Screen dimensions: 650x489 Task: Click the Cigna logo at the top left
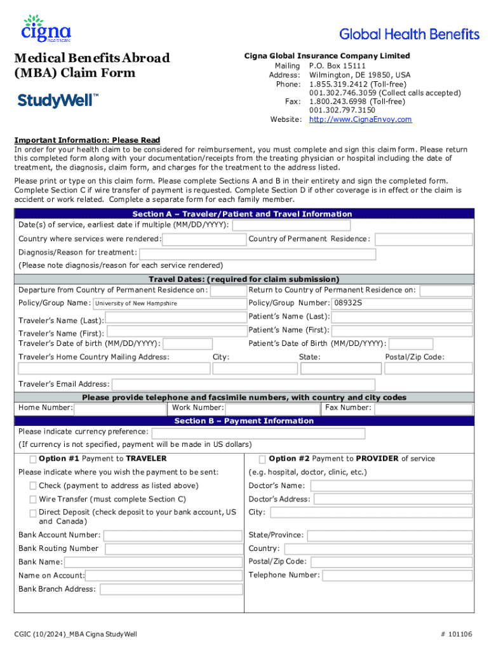click(x=46, y=29)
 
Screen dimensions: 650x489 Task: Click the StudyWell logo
click(x=58, y=100)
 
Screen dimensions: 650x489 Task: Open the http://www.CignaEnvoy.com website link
click(x=360, y=119)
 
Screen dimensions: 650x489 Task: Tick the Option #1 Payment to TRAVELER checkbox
click(x=32, y=459)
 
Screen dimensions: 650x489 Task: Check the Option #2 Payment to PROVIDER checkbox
click(x=262, y=459)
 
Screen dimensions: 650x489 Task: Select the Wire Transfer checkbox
click(x=32, y=500)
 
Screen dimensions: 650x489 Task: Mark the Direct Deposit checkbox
click(x=32, y=513)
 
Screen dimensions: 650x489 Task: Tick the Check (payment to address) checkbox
click(x=32, y=486)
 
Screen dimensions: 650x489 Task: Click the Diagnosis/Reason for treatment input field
click(x=257, y=255)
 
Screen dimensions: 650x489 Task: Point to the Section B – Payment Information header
click(x=244, y=421)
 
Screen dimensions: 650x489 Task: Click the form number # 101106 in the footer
click(x=455, y=634)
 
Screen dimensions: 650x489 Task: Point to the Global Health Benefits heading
click(x=410, y=34)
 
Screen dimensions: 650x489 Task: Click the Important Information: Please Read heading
click(x=87, y=140)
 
